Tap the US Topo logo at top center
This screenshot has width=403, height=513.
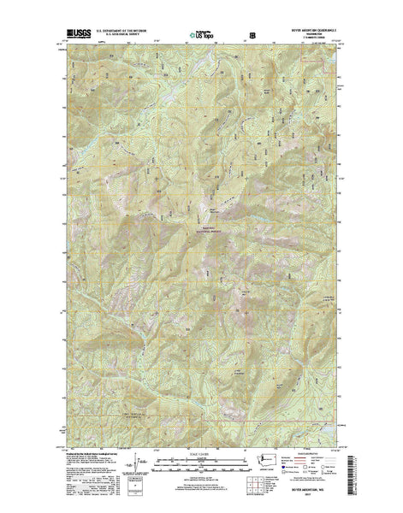point(201,36)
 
